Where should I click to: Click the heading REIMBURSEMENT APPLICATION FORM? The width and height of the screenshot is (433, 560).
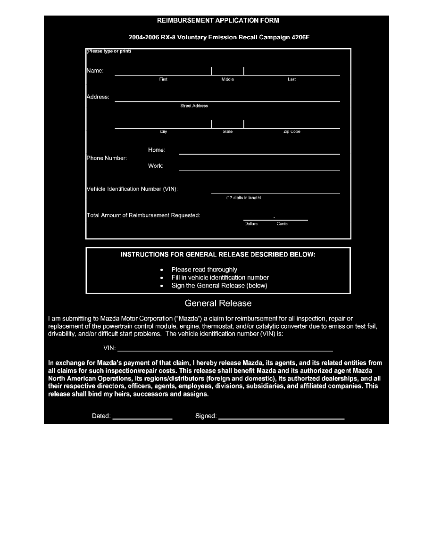(217, 20)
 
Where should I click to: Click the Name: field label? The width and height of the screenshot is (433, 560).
(95, 71)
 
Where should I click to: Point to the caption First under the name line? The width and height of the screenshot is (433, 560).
(163, 79)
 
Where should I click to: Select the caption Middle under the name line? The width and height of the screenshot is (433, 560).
(227, 79)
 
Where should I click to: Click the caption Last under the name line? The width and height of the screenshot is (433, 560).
(291, 79)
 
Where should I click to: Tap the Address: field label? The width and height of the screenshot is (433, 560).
(98, 97)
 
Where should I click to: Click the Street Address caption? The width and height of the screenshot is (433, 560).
(194, 106)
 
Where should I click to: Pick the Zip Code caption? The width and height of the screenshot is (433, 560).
(291, 132)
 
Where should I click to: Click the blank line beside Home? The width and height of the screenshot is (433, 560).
(259, 153)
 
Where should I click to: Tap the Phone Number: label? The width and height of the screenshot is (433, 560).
(107, 158)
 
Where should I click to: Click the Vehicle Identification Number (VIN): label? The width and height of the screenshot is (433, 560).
(132, 189)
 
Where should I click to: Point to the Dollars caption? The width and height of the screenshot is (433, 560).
(251, 224)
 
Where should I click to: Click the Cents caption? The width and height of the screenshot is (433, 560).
(282, 224)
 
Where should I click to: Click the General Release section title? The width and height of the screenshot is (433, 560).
(218, 303)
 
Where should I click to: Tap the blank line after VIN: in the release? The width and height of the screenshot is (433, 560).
(225, 350)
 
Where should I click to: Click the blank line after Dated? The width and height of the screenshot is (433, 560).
(142, 418)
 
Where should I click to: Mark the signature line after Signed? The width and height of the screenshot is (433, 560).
(282, 418)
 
